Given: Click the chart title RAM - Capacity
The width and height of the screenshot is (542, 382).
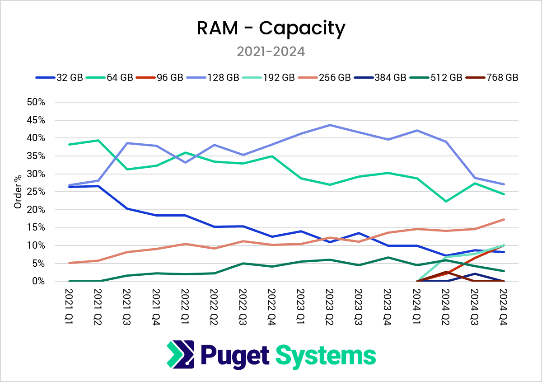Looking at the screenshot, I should point(271,28).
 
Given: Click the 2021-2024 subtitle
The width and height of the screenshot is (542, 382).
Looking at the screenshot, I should point(271,51).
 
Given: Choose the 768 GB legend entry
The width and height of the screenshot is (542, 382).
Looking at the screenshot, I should point(502,77).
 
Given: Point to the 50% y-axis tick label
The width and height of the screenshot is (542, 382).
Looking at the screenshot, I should point(36,102).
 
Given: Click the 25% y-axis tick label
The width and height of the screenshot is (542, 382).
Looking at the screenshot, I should point(36,192).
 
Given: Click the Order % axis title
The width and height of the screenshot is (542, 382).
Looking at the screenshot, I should point(18,192).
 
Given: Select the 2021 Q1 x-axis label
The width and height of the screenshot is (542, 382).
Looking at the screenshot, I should point(69,303).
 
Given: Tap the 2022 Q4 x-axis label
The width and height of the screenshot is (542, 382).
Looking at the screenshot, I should point(271,303).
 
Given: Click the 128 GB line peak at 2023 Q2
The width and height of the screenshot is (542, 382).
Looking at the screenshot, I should point(329,125).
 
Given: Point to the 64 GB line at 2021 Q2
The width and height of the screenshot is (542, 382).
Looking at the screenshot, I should point(98,140).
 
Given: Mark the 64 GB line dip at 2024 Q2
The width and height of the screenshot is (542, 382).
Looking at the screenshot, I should point(446,201).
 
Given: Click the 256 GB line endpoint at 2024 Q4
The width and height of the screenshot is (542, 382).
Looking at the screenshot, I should point(504,219).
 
